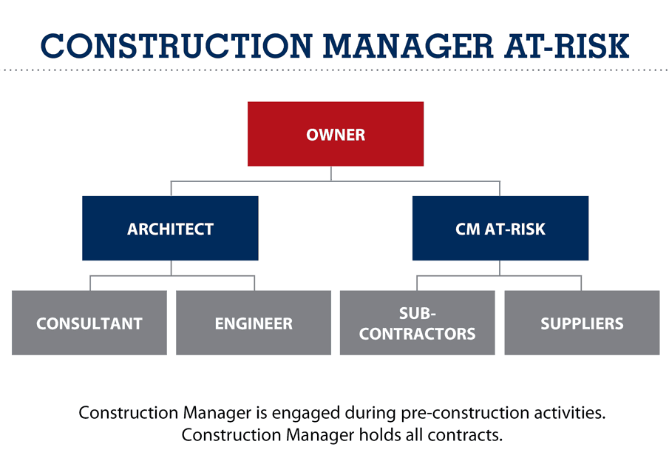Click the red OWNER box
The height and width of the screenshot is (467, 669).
click(335, 134)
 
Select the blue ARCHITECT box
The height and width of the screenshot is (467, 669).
click(170, 228)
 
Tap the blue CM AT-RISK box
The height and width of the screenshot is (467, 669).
click(500, 228)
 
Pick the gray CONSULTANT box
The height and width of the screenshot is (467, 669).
click(89, 323)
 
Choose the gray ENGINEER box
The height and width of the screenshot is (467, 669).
click(254, 323)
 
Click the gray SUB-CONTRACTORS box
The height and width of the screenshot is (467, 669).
click(417, 323)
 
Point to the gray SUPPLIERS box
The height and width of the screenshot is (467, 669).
click(582, 323)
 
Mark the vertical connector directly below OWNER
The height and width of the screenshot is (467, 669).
click(331, 173)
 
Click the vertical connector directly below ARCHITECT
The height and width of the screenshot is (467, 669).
click(171, 268)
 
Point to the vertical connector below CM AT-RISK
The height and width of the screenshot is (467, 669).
click(500, 268)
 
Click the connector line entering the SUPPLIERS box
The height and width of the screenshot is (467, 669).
click(582, 283)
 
